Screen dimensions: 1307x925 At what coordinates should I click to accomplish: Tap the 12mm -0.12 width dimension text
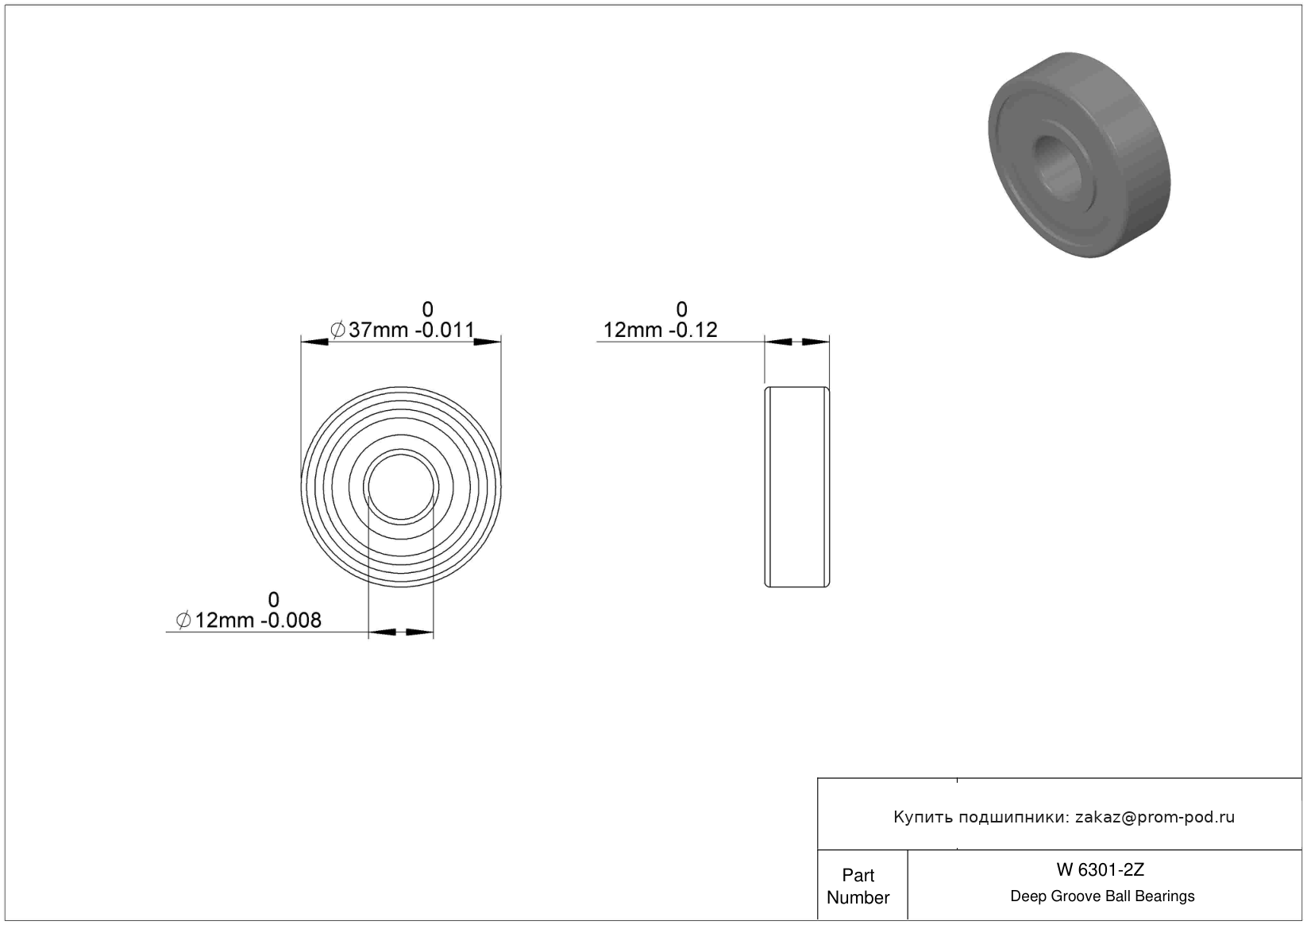(x=660, y=330)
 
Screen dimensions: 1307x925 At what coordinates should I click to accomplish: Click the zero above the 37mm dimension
(x=428, y=309)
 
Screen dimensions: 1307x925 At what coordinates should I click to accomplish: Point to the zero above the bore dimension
(x=274, y=599)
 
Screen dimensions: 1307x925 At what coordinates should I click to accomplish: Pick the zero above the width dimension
(x=681, y=309)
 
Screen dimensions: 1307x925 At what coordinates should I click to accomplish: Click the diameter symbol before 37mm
(x=337, y=330)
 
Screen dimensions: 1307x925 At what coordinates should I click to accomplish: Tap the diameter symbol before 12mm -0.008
(x=183, y=620)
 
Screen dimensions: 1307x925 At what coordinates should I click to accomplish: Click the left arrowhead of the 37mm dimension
(x=314, y=342)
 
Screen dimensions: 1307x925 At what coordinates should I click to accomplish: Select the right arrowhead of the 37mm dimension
(x=488, y=342)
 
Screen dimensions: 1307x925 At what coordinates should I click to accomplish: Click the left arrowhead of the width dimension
(x=778, y=342)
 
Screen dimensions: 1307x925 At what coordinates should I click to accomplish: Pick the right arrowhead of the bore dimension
(x=419, y=632)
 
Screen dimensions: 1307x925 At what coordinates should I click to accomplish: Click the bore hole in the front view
(x=401, y=487)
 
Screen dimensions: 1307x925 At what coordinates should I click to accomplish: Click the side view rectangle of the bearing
(x=797, y=487)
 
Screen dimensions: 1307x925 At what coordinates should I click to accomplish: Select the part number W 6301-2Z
(x=1101, y=869)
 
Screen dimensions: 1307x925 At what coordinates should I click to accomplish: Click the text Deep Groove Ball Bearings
(x=1102, y=896)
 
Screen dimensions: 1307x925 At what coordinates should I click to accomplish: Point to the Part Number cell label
(x=858, y=886)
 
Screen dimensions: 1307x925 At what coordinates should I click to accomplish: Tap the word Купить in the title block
(x=923, y=818)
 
